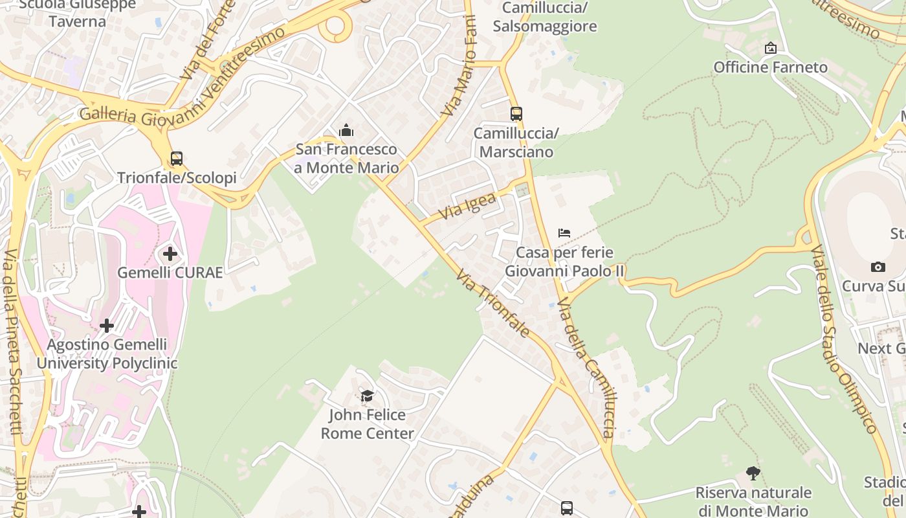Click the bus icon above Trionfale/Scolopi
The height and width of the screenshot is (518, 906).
176,158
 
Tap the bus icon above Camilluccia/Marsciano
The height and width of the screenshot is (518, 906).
516,114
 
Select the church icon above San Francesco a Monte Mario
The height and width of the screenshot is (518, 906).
346,131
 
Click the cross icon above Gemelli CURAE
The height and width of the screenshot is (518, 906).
170,254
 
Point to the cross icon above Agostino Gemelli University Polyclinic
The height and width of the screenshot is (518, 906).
107,325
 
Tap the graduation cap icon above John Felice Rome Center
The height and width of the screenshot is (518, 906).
367,396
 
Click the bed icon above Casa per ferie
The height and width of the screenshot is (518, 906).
564,233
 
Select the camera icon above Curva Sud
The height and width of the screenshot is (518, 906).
878,267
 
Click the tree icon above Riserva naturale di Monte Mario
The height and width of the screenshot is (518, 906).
753,473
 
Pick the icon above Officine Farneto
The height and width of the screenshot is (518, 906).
770,48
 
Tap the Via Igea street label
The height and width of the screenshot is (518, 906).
467,206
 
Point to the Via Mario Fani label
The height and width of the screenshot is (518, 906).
459,67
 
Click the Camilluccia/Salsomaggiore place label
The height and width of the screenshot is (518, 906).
544,17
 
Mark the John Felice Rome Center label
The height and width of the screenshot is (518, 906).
367,424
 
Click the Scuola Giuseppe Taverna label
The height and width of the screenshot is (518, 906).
77,13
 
